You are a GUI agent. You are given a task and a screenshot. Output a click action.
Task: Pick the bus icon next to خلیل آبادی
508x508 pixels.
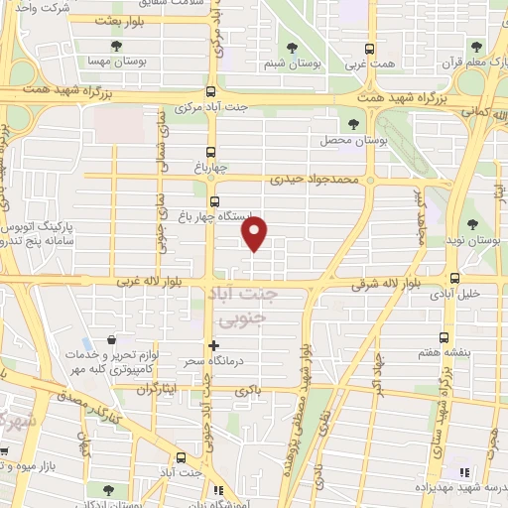pos(454,278)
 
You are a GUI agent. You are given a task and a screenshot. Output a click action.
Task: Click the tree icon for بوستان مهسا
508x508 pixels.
pos(117,48)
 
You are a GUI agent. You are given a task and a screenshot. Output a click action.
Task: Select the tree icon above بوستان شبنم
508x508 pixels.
pos(291,48)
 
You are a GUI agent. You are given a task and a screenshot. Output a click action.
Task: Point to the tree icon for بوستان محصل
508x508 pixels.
pos(354,123)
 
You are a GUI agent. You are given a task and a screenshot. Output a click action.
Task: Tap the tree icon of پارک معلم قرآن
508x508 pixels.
pos(476,48)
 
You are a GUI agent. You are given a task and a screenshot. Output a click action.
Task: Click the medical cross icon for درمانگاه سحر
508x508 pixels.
pos(213,345)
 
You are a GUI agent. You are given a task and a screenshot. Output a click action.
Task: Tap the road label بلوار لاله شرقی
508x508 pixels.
pos(395,285)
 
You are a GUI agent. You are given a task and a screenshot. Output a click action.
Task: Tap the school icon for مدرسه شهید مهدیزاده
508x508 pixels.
pos(463,472)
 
